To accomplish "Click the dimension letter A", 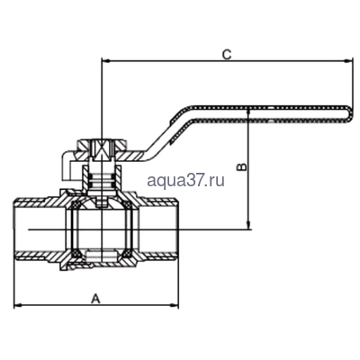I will pos(94,297).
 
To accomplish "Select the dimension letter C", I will pos(227,54).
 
